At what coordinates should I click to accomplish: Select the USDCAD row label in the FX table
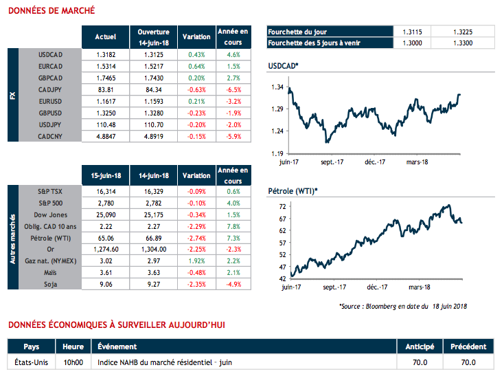[52, 54]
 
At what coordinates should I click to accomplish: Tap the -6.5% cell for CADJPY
[233, 89]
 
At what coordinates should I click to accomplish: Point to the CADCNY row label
[52, 137]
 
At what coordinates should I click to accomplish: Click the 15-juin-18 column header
[105, 175]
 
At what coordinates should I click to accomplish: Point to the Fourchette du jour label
[298, 32]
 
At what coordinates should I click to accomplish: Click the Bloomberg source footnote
[403, 305]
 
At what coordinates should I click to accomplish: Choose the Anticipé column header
[420, 346]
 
